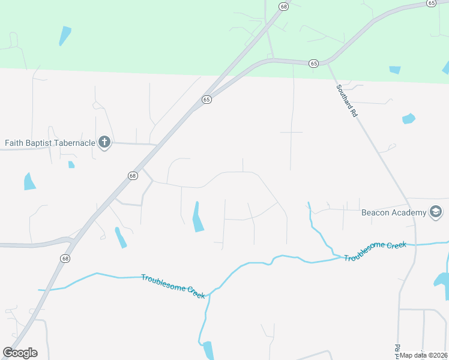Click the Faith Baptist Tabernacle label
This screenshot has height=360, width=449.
coord(50,143)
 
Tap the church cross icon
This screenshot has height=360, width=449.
coord(104,143)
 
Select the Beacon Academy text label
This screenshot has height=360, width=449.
coord(393,212)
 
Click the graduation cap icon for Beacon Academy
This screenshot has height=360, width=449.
coord(436,212)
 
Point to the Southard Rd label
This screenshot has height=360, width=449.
coord(346,100)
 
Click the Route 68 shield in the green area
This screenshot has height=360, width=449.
coord(283,6)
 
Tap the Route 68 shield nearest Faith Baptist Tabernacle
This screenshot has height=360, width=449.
coord(133,176)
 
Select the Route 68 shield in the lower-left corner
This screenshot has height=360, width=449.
coord(65,257)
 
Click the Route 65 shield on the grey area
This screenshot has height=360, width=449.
coord(206,100)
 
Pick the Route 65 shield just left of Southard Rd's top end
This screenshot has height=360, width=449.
coord(313,63)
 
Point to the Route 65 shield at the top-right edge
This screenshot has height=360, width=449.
coord(431,3)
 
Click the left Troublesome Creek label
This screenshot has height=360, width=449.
coord(173,286)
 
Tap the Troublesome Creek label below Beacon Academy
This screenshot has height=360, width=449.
coord(375,251)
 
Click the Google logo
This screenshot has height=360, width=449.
coord(20,353)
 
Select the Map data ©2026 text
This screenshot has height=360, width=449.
coord(424,355)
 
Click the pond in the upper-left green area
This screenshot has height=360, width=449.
coord(64,35)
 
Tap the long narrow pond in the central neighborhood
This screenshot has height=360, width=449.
coord(197,217)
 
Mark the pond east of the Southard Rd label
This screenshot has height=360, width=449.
coord(408,118)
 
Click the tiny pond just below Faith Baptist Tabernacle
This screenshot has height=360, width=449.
coord(71,164)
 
